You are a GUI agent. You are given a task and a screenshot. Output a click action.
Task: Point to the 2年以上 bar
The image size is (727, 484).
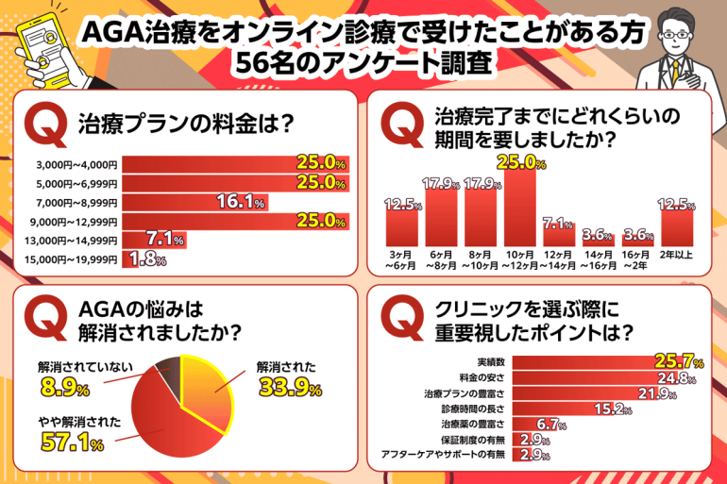(678, 227)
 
